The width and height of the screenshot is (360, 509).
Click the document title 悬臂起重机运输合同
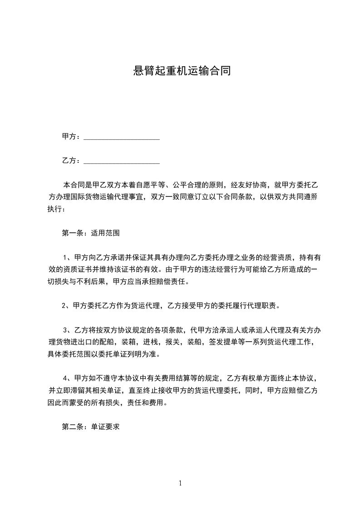(x=180, y=71)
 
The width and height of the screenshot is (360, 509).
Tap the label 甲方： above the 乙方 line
(x=71, y=137)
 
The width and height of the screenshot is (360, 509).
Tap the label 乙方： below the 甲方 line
(x=71, y=161)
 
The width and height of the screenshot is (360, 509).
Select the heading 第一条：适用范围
(x=90, y=234)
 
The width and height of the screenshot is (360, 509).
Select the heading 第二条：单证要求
(x=90, y=427)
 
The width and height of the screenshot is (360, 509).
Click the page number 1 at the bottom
(x=180, y=484)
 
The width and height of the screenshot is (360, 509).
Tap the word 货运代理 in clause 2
(x=140, y=305)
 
